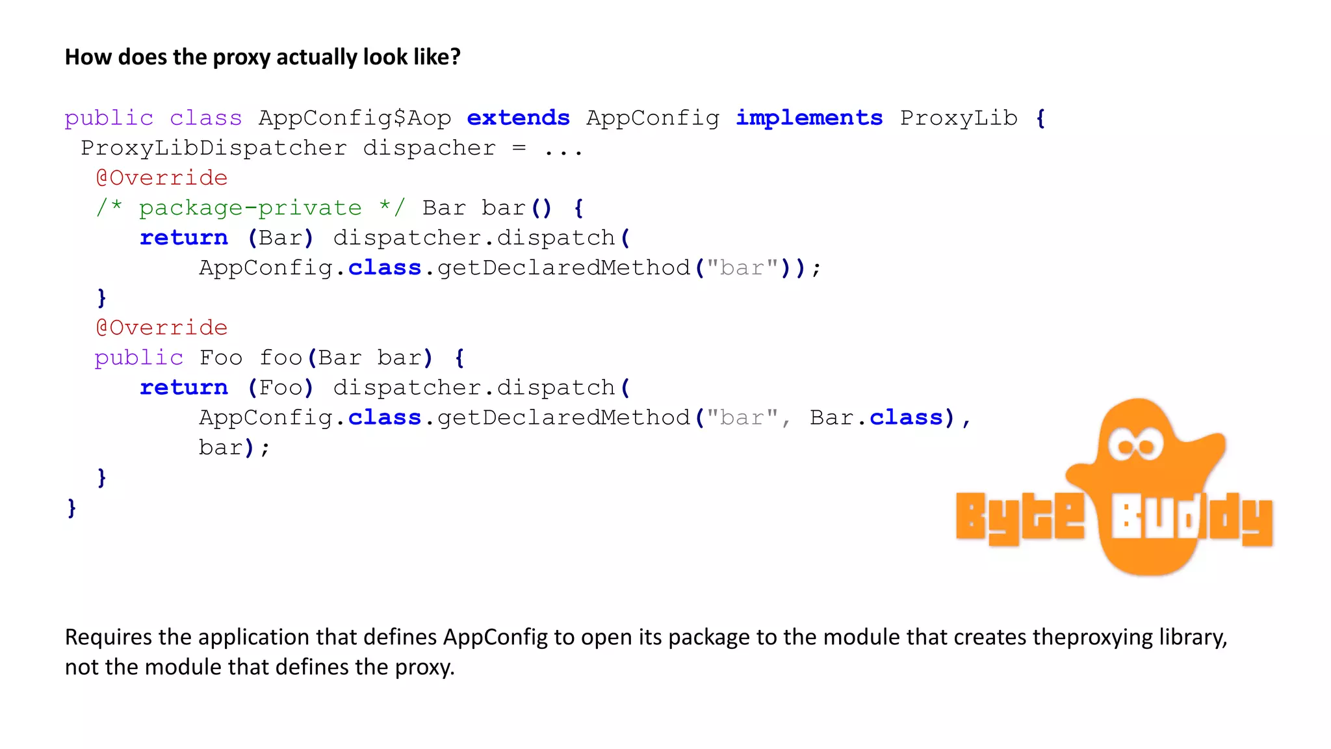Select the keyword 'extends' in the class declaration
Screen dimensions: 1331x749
(518, 118)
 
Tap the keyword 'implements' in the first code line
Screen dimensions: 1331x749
(809, 118)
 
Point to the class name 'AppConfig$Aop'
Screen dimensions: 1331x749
(355, 118)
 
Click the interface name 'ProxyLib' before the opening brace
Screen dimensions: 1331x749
(959, 118)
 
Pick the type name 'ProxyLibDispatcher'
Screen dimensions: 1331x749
(214, 148)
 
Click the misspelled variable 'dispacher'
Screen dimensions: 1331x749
(429, 148)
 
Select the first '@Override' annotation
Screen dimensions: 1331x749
(162, 178)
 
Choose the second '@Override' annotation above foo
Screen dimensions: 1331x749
(162, 328)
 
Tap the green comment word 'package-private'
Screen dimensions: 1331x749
(250, 208)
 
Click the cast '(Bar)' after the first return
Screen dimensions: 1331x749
(281, 238)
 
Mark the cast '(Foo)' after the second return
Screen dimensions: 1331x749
(281, 388)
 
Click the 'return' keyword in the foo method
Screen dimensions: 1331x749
(184, 388)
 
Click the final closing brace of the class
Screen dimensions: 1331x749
(71, 508)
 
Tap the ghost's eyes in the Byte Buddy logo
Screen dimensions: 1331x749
(1135, 445)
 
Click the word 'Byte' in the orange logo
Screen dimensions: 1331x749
(1020, 518)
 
